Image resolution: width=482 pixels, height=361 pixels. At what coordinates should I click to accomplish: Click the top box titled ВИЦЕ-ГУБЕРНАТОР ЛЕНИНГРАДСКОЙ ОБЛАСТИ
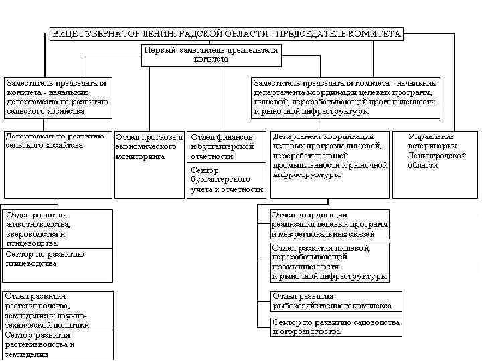pyautogui.click(x=226, y=33)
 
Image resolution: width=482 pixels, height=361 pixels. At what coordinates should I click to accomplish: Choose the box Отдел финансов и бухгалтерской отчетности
pyautogui.click(x=226, y=147)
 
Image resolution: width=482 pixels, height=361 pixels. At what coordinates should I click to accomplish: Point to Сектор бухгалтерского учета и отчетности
pyautogui.click(x=226, y=180)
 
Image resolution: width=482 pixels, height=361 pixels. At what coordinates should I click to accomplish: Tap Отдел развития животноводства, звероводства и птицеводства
pyautogui.click(x=56, y=229)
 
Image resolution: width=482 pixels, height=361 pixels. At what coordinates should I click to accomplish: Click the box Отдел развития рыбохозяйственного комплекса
pyautogui.click(x=337, y=302)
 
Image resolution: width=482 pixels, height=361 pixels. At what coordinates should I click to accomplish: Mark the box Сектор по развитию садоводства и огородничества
pyautogui.click(x=337, y=326)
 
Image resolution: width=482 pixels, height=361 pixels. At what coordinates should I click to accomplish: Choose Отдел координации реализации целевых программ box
pyautogui.click(x=330, y=224)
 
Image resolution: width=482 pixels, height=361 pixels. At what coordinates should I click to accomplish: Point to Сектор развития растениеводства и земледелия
pyautogui.click(x=56, y=344)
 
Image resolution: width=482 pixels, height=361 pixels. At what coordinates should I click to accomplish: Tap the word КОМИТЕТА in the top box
pyautogui.click(x=378, y=33)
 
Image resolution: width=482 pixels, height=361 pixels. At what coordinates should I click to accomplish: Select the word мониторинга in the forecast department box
pyautogui.click(x=140, y=156)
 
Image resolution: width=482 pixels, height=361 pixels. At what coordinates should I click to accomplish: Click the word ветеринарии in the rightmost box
pyautogui.click(x=432, y=146)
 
